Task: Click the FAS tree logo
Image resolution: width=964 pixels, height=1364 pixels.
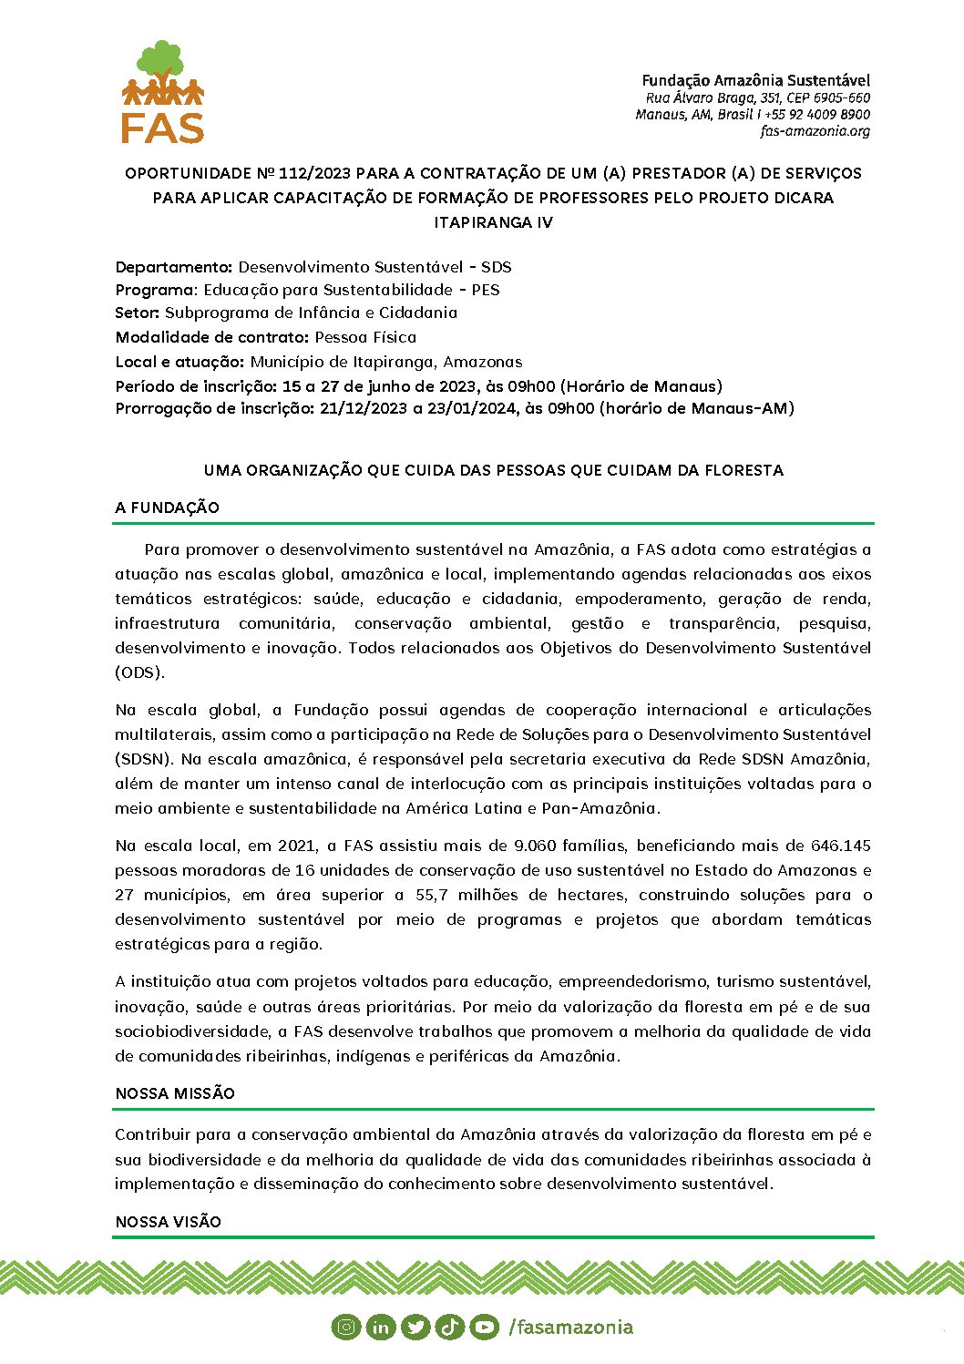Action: pos(163,91)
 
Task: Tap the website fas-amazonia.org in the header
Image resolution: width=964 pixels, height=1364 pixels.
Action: pos(815,131)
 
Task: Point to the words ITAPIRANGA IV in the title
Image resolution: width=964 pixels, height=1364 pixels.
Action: pos(493,222)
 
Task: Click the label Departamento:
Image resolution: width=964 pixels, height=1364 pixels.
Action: pos(174,267)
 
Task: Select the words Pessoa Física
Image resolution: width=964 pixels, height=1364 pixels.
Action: pos(365,337)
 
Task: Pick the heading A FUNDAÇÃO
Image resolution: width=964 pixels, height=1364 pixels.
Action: pos(168,508)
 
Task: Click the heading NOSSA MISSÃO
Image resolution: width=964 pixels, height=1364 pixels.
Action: pos(175,1093)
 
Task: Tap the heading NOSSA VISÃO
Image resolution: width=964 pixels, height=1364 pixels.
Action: pos(169,1222)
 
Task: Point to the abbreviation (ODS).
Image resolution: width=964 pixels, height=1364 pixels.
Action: pos(139,673)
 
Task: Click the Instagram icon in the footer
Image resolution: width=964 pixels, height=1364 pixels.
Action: pos(346,1327)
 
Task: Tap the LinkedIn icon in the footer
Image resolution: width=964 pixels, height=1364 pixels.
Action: pos(380,1327)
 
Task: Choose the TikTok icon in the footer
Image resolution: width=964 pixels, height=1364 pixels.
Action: pos(450,1327)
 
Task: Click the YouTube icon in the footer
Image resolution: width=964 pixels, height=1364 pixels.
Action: pos(485,1327)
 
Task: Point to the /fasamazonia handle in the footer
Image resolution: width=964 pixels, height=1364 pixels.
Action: pos(570,1327)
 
